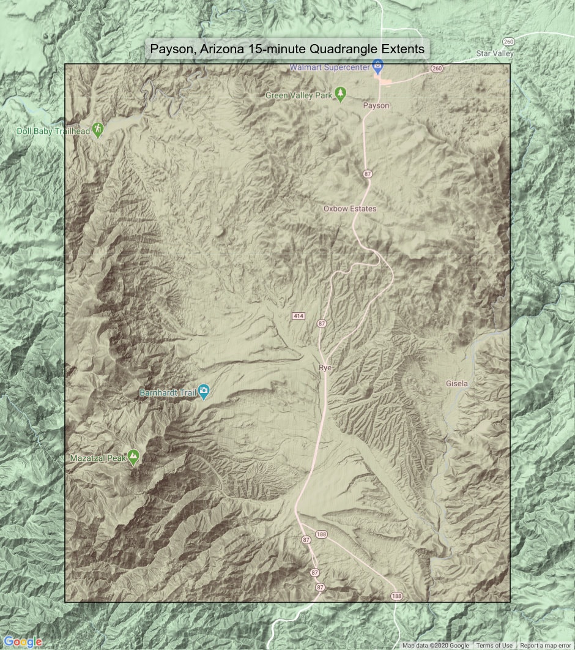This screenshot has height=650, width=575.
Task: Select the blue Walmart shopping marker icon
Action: coord(378,64)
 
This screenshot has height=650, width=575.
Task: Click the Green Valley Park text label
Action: coord(299,95)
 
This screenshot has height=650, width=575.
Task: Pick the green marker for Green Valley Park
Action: coord(341,94)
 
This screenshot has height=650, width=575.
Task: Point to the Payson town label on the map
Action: coord(376,105)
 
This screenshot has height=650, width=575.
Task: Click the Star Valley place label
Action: coord(495,53)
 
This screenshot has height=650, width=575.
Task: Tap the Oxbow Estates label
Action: coord(350,209)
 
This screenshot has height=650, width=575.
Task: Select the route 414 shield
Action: coord(298,316)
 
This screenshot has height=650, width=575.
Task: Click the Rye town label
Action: coord(325,367)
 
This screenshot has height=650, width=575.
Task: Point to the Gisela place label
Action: coord(457,384)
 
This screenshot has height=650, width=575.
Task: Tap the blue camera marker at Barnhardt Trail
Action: coord(204,391)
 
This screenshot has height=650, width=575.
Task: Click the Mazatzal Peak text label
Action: coord(97,457)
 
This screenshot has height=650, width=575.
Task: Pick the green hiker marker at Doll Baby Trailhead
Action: coord(98,130)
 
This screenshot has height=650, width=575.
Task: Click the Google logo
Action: coord(23,641)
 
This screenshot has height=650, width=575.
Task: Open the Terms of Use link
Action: coord(494,646)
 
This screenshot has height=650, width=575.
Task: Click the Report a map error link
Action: coord(546,646)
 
